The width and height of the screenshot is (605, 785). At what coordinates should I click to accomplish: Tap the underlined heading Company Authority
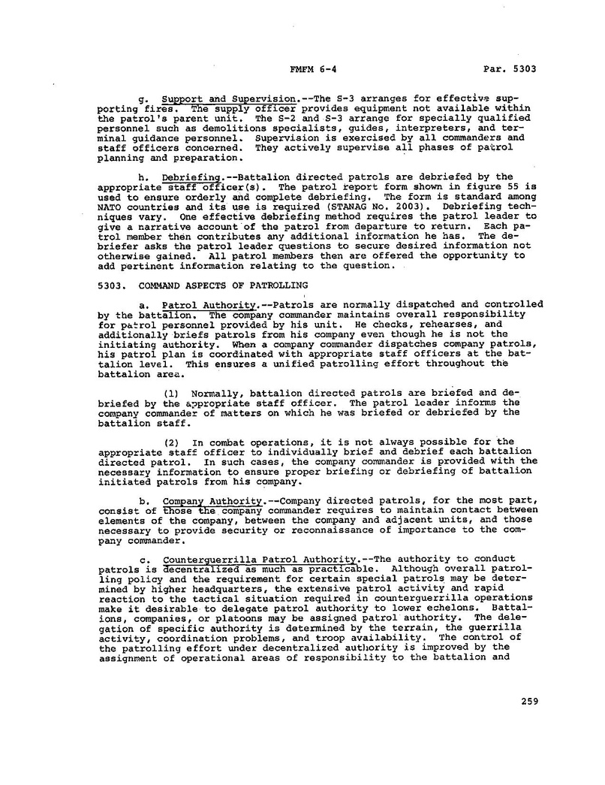(x=212, y=500)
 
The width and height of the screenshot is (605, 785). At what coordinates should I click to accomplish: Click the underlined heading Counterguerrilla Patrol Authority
(x=260, y=559)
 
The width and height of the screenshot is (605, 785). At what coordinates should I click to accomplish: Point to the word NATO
(x=110, y=206)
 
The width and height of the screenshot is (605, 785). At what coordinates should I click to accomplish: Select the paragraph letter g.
(x=144, y=100)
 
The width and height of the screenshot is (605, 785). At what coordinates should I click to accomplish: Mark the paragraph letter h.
(x=144, y=177)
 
